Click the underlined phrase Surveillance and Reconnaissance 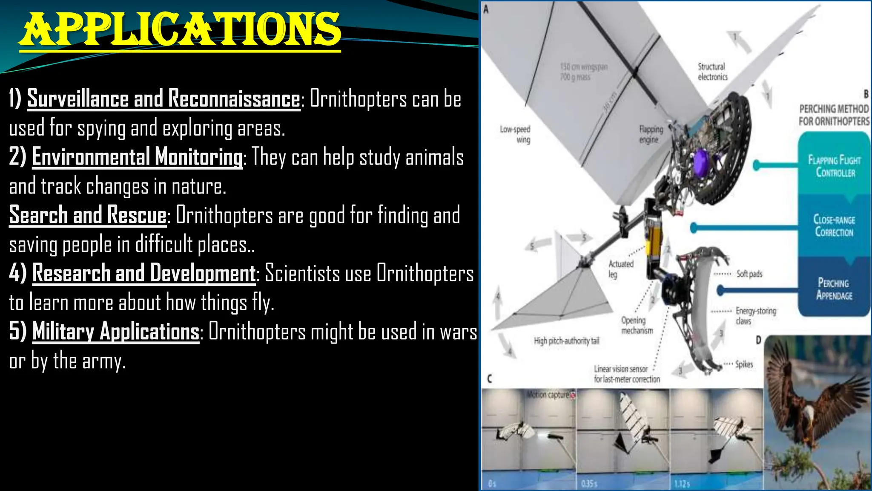(164, 98)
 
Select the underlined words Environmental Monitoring (137, 156)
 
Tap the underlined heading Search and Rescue (88, 214)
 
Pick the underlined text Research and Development (144, 273)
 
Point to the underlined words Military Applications (116, 331)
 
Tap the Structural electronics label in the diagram (712, 72)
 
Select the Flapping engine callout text (651, 134)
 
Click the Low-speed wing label (515, 134)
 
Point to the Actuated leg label (620, 269)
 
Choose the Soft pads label (749, 274)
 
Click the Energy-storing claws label (755, 316)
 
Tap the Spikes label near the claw (744, 364)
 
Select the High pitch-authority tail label (566, 341)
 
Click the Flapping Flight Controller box (834, 166)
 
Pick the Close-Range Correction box (834, 226)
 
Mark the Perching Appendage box (834, 289)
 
